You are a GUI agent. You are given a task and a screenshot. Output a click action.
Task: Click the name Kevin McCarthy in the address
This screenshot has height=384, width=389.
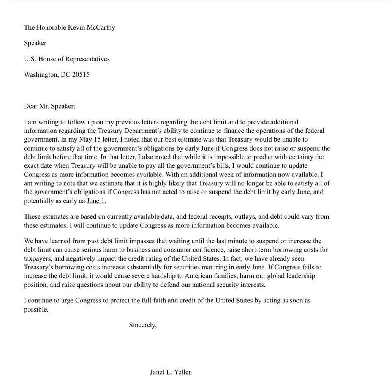click(x=92, y=27)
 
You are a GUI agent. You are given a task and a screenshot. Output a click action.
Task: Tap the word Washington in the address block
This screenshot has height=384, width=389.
click(x=41, y=75)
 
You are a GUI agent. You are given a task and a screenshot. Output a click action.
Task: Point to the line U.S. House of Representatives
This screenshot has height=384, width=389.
click(x=67, y=59)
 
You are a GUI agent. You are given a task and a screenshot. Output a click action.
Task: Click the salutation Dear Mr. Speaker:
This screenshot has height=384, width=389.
click(x=50, y=106)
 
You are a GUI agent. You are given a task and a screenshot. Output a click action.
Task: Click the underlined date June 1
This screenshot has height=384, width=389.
click(x=96, y=201)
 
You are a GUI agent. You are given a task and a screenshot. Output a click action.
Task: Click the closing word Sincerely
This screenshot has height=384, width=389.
click(x=142, y=325)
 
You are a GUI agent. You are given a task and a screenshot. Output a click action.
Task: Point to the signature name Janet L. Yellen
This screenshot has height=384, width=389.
click(x=171, y=372)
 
